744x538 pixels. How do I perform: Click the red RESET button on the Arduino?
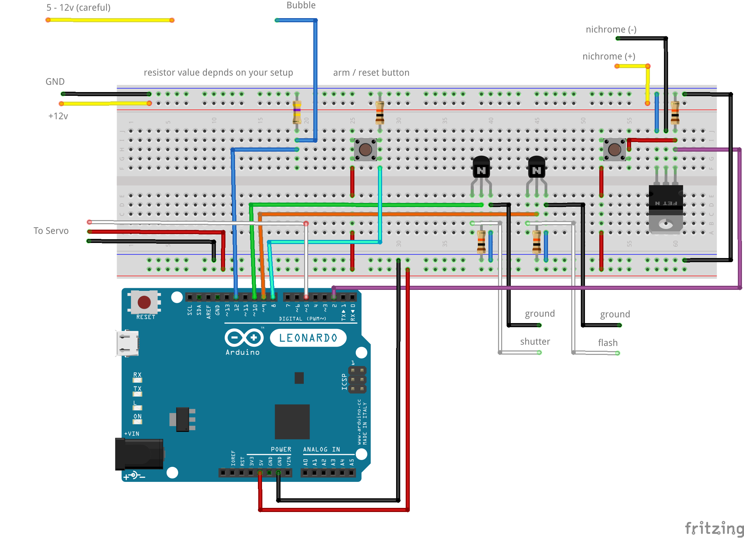144,302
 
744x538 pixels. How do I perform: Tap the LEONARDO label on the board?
308,338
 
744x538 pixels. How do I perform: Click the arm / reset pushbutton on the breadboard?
365,150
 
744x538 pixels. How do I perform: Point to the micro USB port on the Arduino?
127,343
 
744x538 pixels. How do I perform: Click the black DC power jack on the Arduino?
139,454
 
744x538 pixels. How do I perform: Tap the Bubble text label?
301,5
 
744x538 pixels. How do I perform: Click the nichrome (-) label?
611,29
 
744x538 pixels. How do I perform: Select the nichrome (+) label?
609,56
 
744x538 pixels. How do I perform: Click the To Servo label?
51,231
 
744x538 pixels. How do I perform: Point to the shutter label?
535,342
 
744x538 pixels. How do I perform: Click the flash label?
608,343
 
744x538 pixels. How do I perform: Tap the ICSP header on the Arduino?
357,380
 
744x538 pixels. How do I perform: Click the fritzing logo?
714,528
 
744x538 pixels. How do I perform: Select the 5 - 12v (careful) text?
78,8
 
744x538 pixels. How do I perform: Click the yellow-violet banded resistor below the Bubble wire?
297,112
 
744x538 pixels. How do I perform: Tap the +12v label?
58,116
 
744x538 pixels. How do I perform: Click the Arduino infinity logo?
244,338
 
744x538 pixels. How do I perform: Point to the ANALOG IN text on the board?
321,449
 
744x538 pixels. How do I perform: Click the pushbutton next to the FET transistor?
614,150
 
